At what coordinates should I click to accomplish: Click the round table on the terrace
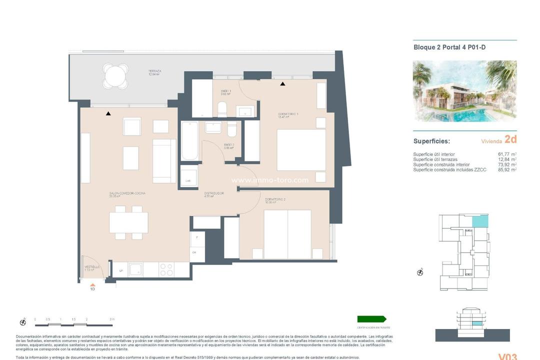(115, 76)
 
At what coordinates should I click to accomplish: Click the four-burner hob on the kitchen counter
(166, 270)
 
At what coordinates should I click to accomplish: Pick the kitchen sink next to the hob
(136, 270)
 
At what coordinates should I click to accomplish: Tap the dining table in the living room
(128, 222)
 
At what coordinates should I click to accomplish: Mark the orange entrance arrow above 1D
(92, 284)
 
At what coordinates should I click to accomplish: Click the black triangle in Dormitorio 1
(282, 84)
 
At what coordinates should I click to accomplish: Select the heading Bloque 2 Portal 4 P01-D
(449, 47)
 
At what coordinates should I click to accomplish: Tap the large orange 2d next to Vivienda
(510, 139)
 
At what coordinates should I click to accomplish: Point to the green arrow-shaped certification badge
(371, 319)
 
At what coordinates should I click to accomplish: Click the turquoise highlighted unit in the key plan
(480, 220)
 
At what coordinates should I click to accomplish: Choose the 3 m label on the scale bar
(112, 319)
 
